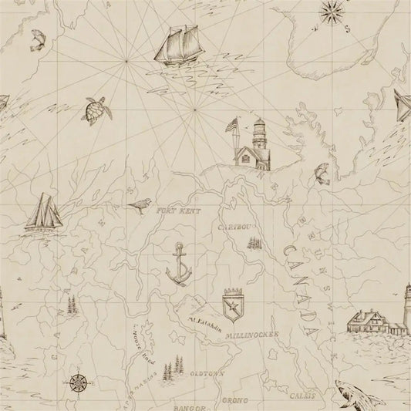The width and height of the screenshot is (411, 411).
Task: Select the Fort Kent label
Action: pos(176,210)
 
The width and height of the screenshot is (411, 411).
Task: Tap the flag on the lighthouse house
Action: pos(232,124)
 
